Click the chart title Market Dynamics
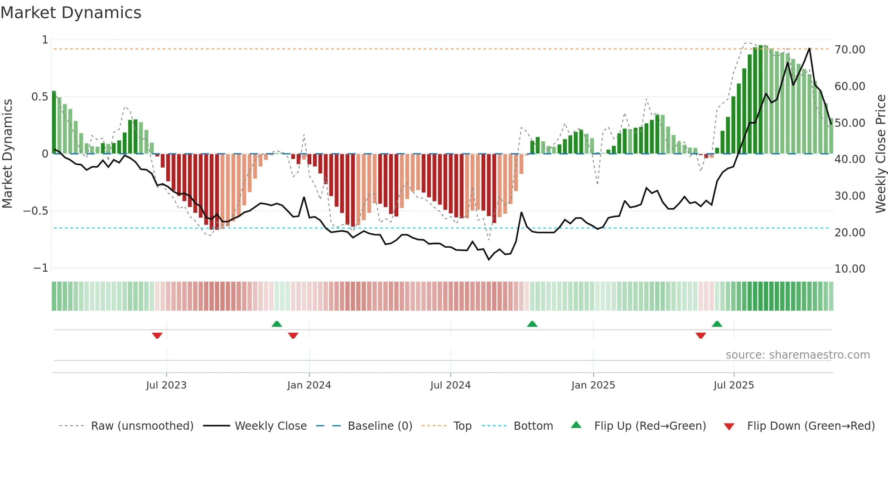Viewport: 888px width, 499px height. point(71,13)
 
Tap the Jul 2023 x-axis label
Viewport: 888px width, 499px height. point(166,385)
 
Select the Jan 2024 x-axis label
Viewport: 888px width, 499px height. point(309,385)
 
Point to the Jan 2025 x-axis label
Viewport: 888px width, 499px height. point(593,385)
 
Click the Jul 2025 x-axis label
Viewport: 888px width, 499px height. point(734,385)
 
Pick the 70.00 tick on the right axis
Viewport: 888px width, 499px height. point(849,49)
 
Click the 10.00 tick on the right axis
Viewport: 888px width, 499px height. point(849,269)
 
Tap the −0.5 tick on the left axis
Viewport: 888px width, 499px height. point(35,211)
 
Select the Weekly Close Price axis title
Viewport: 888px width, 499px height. point(880,154)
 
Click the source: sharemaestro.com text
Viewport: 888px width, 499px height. point(797,355)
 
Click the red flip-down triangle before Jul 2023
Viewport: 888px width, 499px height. point(157,336)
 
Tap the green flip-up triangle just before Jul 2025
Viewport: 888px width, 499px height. point(717,324)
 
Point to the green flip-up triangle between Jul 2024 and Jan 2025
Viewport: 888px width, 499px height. point(532,324)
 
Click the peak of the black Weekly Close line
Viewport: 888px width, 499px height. point(810,48)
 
